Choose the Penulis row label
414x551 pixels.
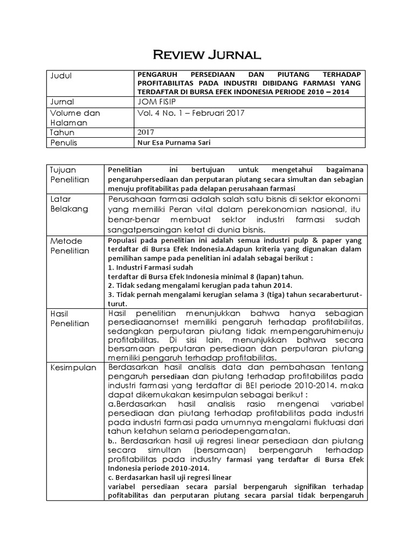(x=64, y=143)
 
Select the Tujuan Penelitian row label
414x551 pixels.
(x=69, y=175)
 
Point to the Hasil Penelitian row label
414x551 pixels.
(x=69, y=318)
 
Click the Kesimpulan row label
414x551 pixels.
(x=74, y=368)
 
